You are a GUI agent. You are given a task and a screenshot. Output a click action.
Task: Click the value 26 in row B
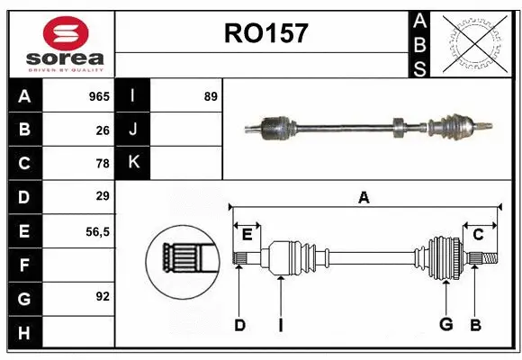pyautogui.click(x=103, y=130)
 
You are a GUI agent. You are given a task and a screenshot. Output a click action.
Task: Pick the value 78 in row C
pyautogui.click(x=103, y=163)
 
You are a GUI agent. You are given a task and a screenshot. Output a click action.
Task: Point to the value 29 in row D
pyautogui.click(x=103, y=196)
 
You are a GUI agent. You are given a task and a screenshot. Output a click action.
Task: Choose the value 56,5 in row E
pyautogui.click(x=97, y=230)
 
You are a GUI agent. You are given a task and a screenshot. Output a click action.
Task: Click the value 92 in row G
pyautogui.click(x=103, y=297)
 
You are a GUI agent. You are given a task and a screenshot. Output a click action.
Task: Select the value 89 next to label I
pyautogui.click(x=211, y=96)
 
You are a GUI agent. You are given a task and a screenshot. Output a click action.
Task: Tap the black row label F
pyautogui.click(x=24, y=265)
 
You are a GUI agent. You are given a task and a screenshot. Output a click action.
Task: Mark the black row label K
pyautogui.click(x=133, y=163)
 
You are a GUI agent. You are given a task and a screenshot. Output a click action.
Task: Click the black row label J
pyautogui.click(x=133, y=130)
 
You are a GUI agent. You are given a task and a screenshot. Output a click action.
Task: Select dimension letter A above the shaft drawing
pyautogui.click(x=364, y=197)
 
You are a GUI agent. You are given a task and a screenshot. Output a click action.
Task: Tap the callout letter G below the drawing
pyautogui.click(x=445, y=325)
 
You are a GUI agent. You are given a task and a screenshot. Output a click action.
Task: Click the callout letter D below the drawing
pyautogui.click(x=239, y=325)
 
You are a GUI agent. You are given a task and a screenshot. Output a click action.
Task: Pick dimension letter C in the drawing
pyautogui.click(x=478, y=234)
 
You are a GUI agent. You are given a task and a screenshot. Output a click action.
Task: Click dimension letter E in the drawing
pyautogui.click(x=247, y=234)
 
